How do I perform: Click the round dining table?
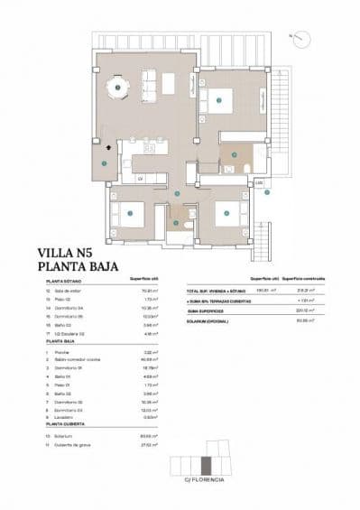117,88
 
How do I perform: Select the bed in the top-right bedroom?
221,101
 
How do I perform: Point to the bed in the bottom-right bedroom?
226,214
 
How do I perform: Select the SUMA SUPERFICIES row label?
207,310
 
